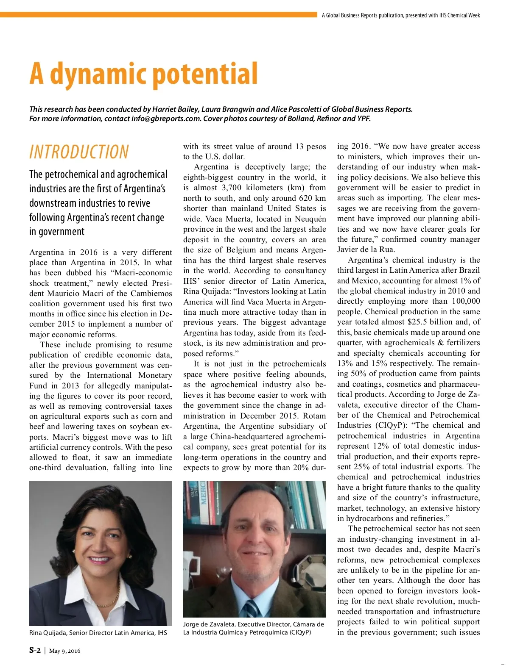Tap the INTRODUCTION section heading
pyautogui.click(x=79, y=152)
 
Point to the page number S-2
pyautogui.click(x=35, y=651)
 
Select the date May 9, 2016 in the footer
pyautogui.click(x=64, y=651)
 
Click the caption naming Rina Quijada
pyautogui.click(x=98, y=633)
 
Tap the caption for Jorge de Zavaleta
pyautogui.click(x=253, y=628)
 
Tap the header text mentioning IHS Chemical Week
pyautogui.click(x=401, y=15)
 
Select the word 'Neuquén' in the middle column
pyautogui.click(x=311, y=219)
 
